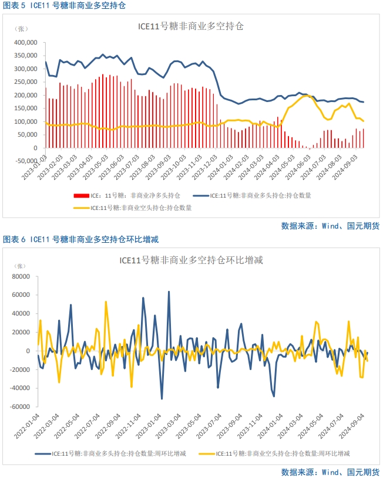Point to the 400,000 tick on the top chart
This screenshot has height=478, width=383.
[26, 43]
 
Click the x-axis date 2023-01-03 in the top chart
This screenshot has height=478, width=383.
[36, 168]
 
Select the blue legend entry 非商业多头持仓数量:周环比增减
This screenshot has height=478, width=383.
[112, 453]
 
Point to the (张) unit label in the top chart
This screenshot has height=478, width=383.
[22, 29]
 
